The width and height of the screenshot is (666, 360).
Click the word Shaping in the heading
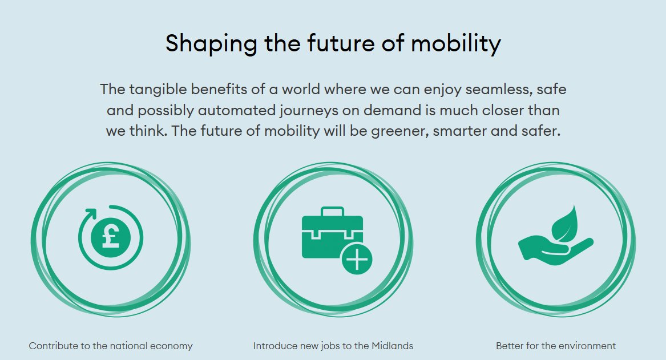pos(211,44)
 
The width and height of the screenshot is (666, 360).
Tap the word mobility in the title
pos(456,44)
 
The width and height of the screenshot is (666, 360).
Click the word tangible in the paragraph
pos(158,90)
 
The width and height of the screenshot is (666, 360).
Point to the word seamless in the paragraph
pos(498,90)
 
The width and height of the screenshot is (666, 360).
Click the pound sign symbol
pos(111,238)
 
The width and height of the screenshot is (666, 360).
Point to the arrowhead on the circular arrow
pos(91,213)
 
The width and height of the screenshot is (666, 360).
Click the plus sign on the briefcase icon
pos(357,260)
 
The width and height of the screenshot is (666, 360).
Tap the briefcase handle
pos(332,212)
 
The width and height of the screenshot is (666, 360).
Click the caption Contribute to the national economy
pos(111,346)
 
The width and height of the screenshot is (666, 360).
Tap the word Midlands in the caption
pos(392,346)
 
